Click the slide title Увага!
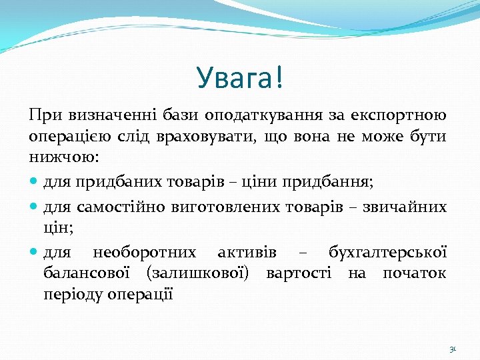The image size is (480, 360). coord(240,78)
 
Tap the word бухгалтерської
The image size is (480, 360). coord(387,252)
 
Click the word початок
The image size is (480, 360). coord(415,274)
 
